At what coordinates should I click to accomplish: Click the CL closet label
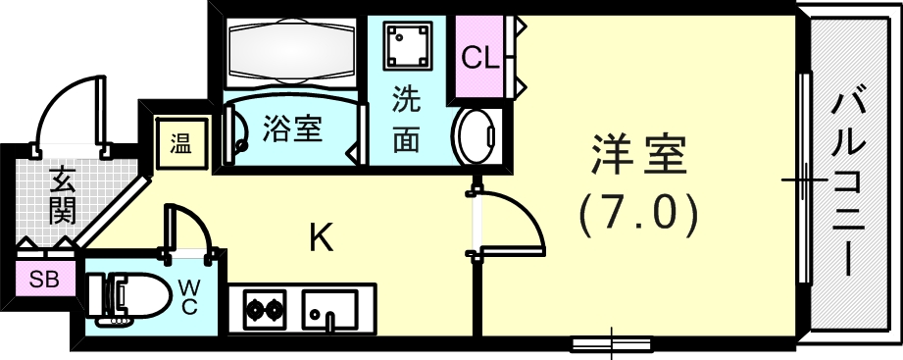(480, 58)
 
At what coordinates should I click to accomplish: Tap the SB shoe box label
(43, 279)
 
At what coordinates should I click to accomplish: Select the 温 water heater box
(180, 145)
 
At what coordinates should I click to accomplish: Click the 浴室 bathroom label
(294, 129)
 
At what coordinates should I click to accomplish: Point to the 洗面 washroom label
(406, 121)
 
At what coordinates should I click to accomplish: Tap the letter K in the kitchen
(320, 237)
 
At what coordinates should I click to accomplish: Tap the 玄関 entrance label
(61, 194)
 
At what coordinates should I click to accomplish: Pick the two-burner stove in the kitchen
(258, 310)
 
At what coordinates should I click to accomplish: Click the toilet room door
(189, 231)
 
